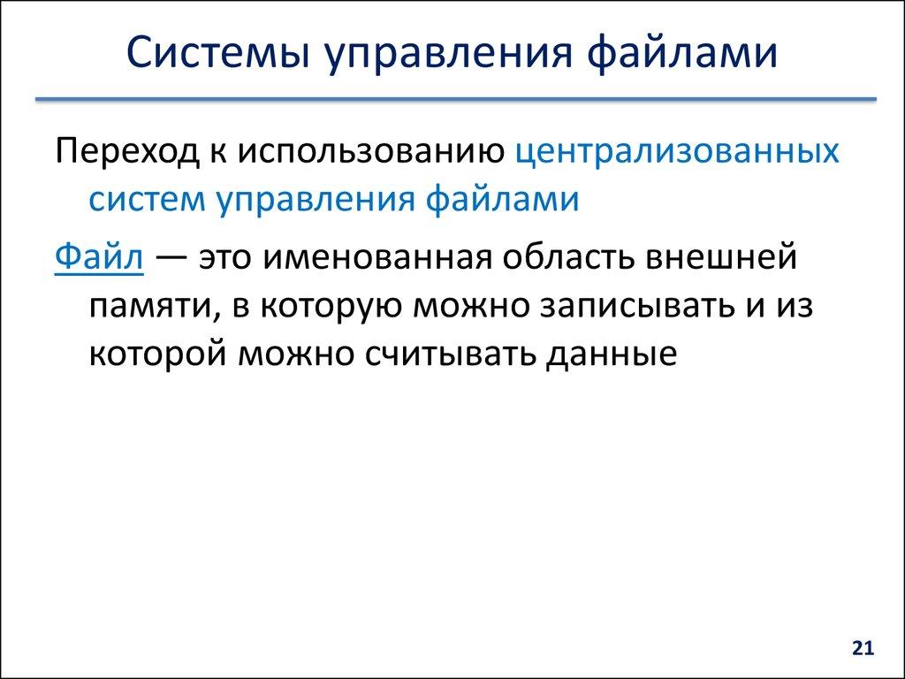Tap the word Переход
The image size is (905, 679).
coord(123,152)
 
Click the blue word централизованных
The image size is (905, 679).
coord(677,152)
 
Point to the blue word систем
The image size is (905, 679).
coord(144,199)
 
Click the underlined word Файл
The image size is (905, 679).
coord(92,259)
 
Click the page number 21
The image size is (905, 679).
coord(863,649)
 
